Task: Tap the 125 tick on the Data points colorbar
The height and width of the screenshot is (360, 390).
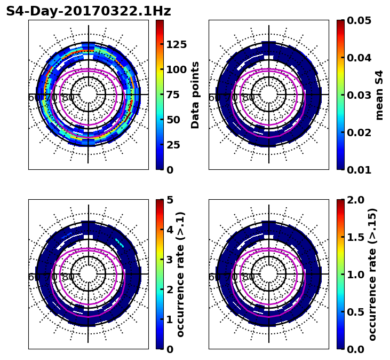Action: (176, 44)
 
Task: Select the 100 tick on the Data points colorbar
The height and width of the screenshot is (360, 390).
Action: (176, 69)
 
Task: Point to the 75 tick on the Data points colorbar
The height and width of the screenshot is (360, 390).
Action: (173, 95)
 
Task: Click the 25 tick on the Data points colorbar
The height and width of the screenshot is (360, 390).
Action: (173, 145)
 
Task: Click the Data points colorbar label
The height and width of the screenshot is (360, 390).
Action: (195, 95)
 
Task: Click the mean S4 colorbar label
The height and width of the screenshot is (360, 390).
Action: (379, 95)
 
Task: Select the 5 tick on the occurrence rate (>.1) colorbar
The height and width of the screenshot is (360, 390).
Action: (170, 200)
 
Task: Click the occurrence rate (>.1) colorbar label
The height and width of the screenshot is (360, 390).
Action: (180, 274)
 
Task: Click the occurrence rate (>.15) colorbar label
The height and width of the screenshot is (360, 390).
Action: (372, 274)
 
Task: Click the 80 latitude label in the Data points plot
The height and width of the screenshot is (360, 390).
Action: (68, 98)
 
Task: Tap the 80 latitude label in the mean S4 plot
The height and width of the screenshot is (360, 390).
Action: (249, 98)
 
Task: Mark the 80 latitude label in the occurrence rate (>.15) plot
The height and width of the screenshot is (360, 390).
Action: (249, 277)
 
